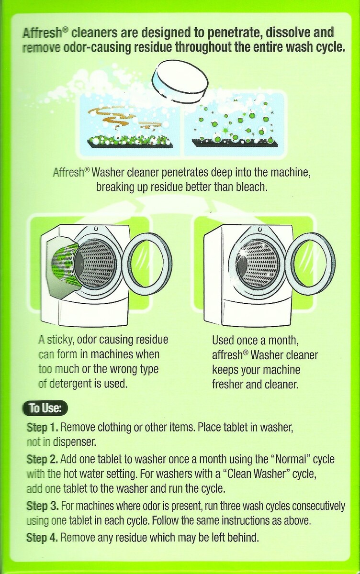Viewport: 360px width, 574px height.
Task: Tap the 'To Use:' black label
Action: [45, 408]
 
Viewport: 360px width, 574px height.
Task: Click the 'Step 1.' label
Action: [42, 428]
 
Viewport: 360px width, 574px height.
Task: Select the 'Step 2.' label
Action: [42, 460]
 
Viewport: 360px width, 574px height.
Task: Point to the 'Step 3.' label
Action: [43, 507]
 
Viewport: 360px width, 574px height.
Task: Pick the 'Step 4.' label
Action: [42, 537]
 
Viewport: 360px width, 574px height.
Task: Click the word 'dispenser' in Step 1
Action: [74, 442]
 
